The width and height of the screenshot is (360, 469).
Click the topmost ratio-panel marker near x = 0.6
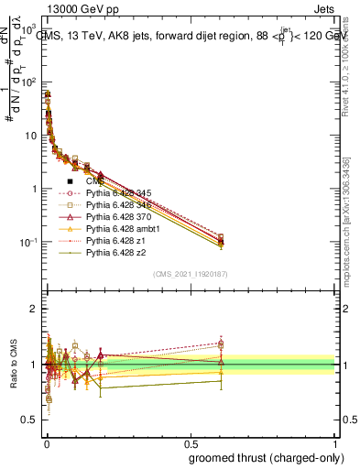pyautogui.click(x=221, y=343)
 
